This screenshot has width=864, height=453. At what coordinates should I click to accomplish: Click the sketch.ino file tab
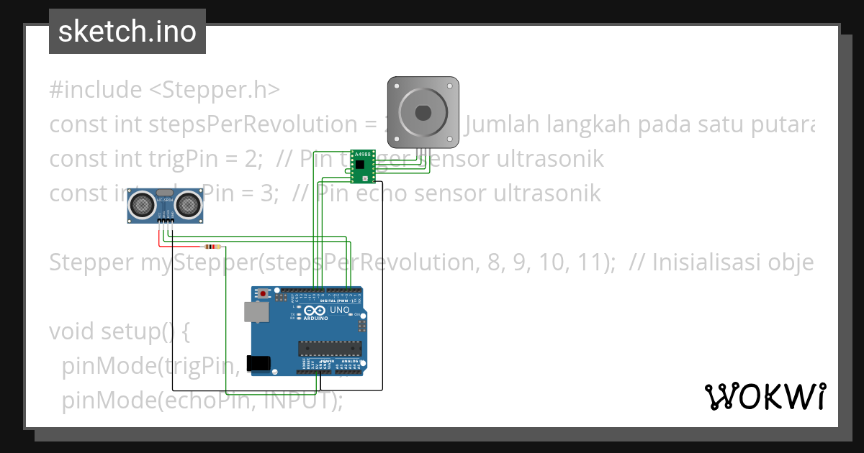(x=127, y=32)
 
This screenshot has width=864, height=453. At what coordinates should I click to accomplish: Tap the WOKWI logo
(x=765, y=396)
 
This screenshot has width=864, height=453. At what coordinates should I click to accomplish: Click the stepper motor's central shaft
(x=423, y=113)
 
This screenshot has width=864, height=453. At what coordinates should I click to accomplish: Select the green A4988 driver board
(x=361, y=166)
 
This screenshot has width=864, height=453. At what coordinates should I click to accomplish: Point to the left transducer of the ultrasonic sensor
(x=143, y=206)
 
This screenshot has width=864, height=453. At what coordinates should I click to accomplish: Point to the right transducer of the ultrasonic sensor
(x=188, y=205)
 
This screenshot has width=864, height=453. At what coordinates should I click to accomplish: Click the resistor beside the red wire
(x=211, y=244)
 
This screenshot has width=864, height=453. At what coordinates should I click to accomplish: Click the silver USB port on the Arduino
(x=254, y=312)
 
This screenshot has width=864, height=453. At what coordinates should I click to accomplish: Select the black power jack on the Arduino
(x=258, y=363)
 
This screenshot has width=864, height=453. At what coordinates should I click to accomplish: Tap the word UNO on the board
(x=340, y=311)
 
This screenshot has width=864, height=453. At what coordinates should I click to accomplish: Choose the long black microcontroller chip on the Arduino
(x=330, y=349)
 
